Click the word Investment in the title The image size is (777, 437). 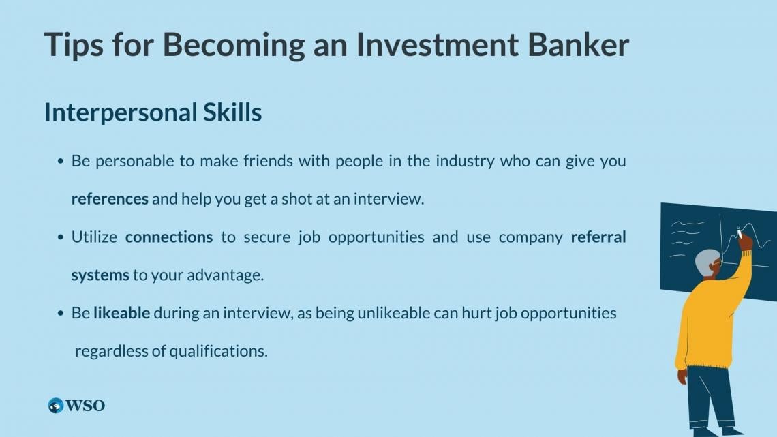[437, 44]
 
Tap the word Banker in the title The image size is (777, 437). [578, 44]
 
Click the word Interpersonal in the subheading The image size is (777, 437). [121, 113]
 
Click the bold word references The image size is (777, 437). [110, 198]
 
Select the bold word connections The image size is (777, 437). [169, 237]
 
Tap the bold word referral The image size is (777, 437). [598, 237]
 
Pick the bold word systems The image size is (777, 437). [100, 275]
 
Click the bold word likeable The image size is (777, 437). [121, 313]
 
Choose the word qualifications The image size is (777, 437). [218, 351]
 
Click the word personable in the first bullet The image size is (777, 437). [135, 162]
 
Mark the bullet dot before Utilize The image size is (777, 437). [61, 237]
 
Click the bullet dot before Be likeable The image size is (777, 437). [61, 314]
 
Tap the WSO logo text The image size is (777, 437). [85, 406]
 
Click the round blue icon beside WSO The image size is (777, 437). [55, 406]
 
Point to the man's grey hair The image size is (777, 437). [707, 262]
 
